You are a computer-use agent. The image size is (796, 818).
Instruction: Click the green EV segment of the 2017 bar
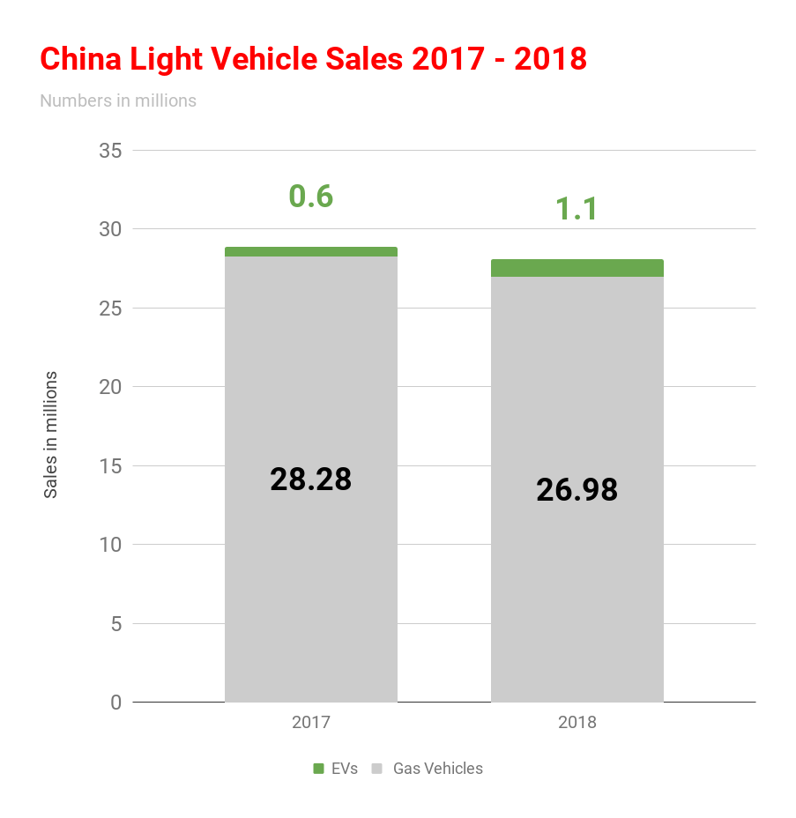(x=310, y=252)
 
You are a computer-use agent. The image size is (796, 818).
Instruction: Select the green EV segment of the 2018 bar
(x=577, y=268)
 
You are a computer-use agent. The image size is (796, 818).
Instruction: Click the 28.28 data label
(x=310, y=480)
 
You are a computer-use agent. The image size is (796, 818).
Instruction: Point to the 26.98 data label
(x=577, y=490)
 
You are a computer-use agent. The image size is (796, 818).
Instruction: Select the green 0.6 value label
(x=311, y=196)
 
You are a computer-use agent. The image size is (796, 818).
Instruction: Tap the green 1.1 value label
(x=577, y=209)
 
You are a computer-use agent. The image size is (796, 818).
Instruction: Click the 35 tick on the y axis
(x=110, y=151)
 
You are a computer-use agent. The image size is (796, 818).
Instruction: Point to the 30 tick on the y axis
(x=110, y=229)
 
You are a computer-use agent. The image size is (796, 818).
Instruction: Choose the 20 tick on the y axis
(x=110, y=387)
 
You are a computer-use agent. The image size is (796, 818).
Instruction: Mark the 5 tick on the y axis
(x=115, y=623)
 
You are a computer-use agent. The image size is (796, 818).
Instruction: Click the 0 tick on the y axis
(x=115, y=703)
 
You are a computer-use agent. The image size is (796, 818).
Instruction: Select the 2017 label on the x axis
(x=310, y=723)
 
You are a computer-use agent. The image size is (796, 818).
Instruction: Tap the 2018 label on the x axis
(x=577, y=723)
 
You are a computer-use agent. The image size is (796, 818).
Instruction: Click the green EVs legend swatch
(x=319, y=769)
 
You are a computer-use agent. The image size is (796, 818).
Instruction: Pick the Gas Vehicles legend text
(x=437, y=769)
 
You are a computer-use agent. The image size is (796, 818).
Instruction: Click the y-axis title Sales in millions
(x=51, y=435)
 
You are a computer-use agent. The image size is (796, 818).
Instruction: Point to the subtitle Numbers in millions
(x=118, y=100)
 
